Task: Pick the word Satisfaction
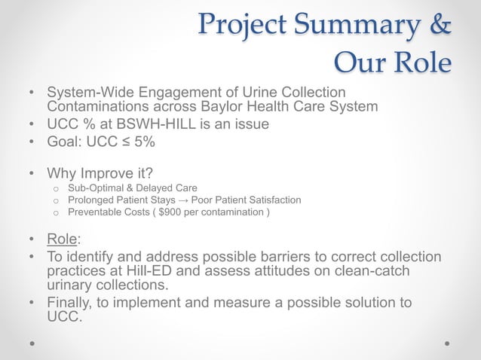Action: pyautogui.click(x=272, y=200)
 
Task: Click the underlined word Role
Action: pyautogui.click(x=62, y=240)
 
